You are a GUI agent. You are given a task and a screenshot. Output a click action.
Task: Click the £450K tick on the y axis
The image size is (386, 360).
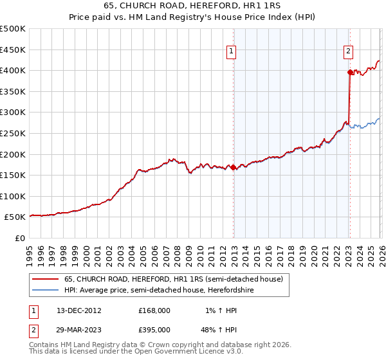(13, 50)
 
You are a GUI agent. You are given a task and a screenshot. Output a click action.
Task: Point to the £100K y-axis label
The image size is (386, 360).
(13, 196)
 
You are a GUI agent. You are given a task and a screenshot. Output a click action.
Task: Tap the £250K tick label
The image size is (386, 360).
(13, 133)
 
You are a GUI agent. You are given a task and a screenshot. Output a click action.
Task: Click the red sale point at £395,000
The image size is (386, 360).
(350, 73)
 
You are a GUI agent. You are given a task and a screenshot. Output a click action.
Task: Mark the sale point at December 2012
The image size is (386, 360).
(233, 168)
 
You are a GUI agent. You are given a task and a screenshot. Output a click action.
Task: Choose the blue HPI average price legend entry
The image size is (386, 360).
(167, 291)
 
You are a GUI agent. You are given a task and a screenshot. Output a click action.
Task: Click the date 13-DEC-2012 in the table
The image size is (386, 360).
(79, 310)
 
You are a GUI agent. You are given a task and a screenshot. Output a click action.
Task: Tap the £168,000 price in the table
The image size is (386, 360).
(154, 310)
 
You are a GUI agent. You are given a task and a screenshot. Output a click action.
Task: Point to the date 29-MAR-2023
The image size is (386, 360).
(79, 329)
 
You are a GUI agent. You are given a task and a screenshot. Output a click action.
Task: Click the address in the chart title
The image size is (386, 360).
(193, 6)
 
